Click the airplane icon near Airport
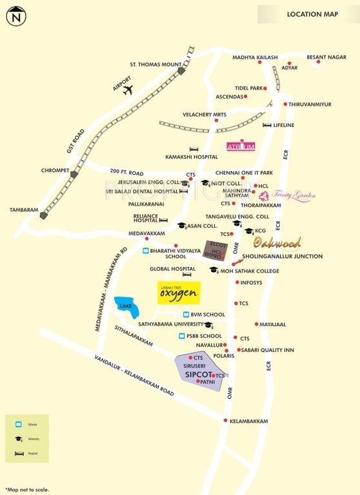point(128,89)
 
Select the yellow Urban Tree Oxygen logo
point(179,293)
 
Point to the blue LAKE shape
point(126,307)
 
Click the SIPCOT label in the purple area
point(199,374)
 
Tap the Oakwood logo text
point(277,242)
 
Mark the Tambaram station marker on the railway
point(43,216)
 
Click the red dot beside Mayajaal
point(256,324)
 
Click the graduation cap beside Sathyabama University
point(208,325)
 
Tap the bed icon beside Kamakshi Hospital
point(192,149)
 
